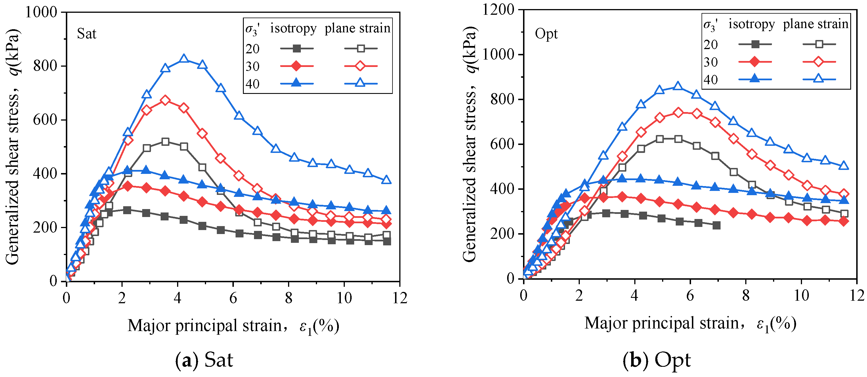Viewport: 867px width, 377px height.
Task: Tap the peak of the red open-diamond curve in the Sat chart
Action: tap(165, 100)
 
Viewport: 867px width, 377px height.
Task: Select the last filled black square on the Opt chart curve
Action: tap(716, 225)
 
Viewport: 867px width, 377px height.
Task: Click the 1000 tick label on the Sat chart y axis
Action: tap(41, 12)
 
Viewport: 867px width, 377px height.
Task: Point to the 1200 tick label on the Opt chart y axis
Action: tap(498, 9)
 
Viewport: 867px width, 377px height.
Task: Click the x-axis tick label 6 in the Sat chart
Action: tap(233, 298)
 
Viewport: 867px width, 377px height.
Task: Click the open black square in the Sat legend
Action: tap(360, 49)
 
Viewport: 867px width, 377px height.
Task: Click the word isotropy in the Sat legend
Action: tap(293, 29)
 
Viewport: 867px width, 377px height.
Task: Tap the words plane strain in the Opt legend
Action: tap(816, 24)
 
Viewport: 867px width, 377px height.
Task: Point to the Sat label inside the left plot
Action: tap(87, 34)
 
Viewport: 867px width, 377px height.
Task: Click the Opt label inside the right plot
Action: tap(546, 34)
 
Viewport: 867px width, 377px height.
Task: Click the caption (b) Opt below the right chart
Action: tap(657, 360)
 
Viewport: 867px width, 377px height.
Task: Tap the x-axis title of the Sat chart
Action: tap(233, 326)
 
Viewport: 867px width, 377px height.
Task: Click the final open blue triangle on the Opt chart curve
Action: tap(843, 165)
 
